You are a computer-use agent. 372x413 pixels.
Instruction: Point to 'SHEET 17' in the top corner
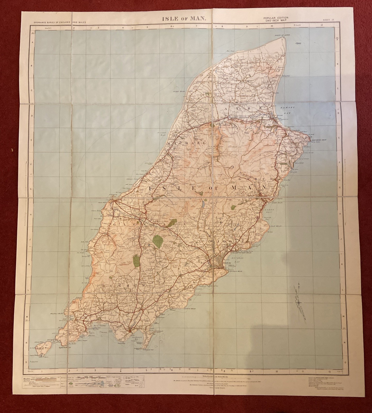(328, 20)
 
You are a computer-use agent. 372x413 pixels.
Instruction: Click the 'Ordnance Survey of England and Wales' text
(60, 22)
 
